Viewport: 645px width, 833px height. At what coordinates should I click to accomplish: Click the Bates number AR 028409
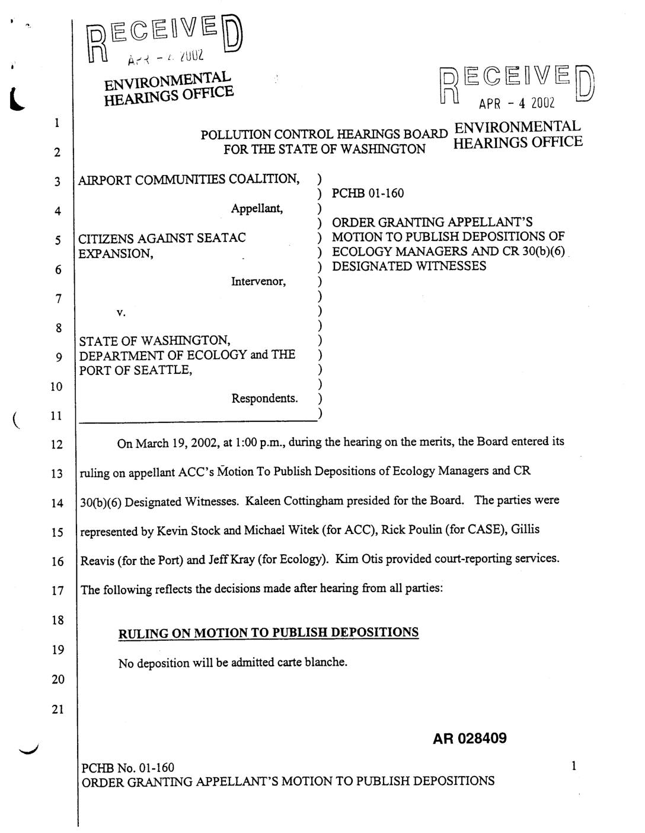pos(470,739)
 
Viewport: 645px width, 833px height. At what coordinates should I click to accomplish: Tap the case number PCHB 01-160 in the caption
pos(368,193)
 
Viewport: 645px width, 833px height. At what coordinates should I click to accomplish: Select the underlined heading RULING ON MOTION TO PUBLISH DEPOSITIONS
pos(269,632)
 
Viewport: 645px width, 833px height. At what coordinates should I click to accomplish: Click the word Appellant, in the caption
pos(257,209)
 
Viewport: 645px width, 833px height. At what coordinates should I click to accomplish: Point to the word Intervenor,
pos(258,282)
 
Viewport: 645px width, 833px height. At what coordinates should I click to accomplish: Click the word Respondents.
pos(264,398)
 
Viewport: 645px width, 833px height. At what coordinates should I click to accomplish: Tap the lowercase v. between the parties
pos(120,312)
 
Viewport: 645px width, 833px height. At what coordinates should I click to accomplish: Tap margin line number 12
pos(57,444)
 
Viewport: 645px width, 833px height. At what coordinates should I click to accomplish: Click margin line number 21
pos(57,710)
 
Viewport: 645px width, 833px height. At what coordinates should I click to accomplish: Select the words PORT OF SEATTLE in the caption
pos(134,370)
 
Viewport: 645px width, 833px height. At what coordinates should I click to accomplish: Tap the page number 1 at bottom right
pos(573,767)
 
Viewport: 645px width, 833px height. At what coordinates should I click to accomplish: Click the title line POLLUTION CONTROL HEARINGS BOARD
pos(324,135)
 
